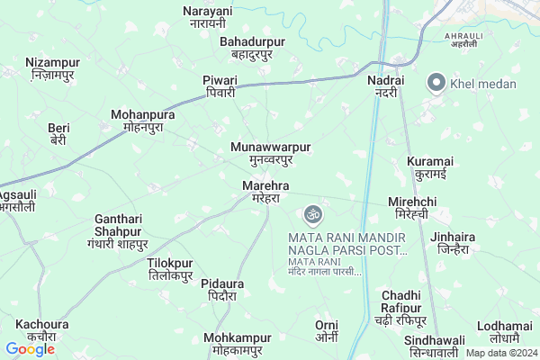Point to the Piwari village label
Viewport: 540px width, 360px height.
[x=219, y=85]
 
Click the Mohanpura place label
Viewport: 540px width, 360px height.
[x=143, y=121]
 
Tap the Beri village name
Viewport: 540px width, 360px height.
[x=58, y=134]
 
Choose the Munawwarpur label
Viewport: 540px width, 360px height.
[x=271, y=152]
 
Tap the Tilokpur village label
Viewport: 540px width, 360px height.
[x=169, y=269]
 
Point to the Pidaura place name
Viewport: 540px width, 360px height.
[x=219, y=289]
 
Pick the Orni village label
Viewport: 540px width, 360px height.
[x=326, y=330]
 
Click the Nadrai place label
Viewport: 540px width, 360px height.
[x=385, y=85]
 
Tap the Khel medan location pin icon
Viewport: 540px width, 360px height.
[x=436, y=83]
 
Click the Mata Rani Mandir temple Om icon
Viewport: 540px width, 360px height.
[x=313, y=214]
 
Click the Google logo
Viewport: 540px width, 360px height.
[x=30, y=348]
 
